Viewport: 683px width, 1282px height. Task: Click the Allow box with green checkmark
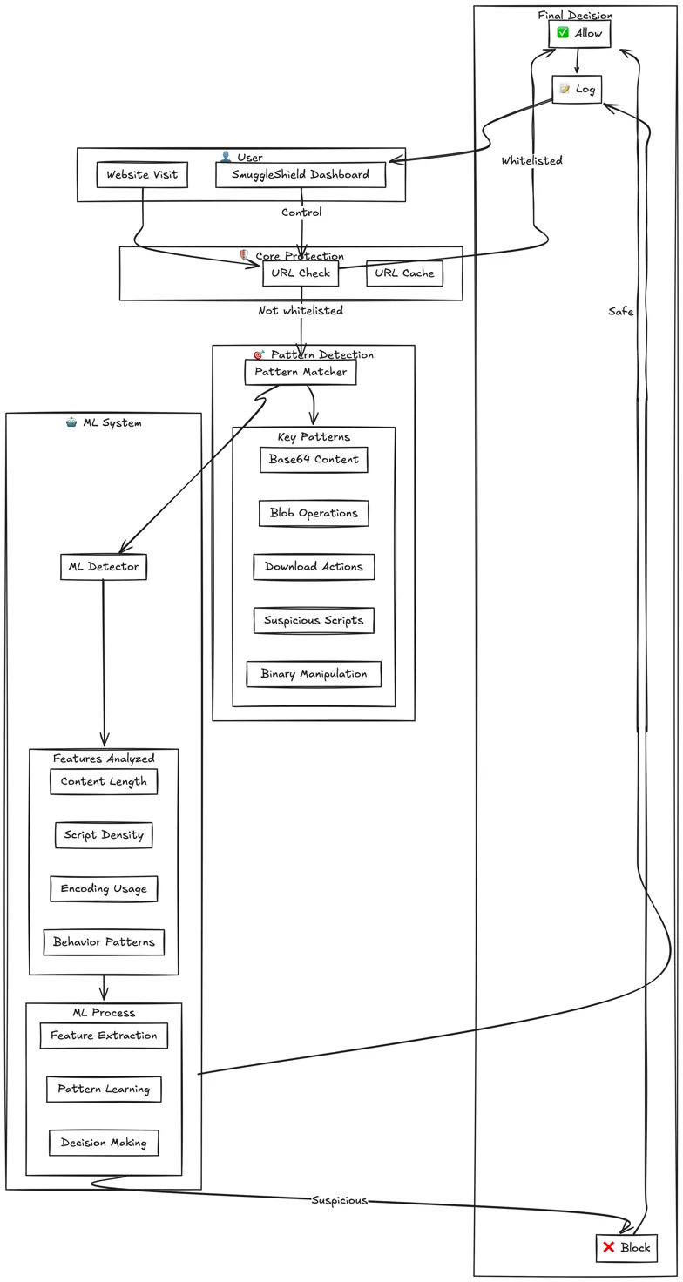(x=579, y=34)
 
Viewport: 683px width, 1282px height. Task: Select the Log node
(x=577, y=89)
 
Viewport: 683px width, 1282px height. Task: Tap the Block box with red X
(x=626, y=1247)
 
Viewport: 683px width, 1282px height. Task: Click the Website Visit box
(x=142, y=175)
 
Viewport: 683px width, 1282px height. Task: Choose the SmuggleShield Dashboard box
(x=301, y=175)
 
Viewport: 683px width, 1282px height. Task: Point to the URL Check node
(x=301, y=273)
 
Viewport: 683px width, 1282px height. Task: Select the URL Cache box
(x=404, y=273)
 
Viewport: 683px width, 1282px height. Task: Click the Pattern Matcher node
(x=301, y=372)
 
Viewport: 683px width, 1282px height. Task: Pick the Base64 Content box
(x=314, y=460)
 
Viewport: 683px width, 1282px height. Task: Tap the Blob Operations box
(x=314, y=514)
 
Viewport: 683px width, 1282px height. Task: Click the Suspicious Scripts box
(x=314, y=621)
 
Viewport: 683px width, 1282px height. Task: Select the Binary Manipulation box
(x=314, y=674)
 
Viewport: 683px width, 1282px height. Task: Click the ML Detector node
(x=104, y=567)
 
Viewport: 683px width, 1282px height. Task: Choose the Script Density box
(x=104, y=835)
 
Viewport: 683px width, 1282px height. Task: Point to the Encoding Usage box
(x=104, y=889)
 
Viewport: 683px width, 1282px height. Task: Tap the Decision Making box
(x=104, y=1143)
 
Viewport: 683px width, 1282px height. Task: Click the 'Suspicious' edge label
(x=339, y=1200)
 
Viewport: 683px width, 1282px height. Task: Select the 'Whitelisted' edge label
(x=531, y=161)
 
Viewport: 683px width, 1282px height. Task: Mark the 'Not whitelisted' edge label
(x=301, y=311)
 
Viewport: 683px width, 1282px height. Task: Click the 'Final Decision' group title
(x=575, y=15)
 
